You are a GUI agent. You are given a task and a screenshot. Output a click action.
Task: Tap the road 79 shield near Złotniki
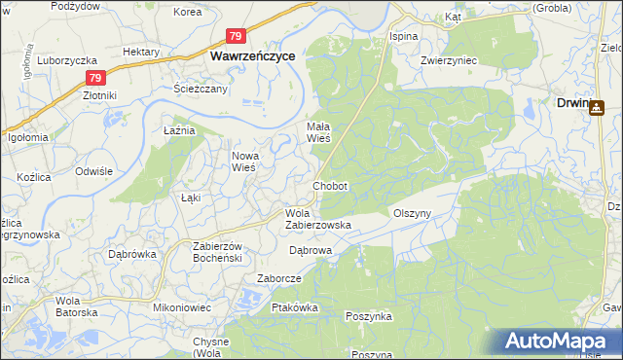click(x=94, y=78)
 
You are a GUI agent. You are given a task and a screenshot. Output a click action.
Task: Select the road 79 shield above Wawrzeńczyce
click(x=236, y=36)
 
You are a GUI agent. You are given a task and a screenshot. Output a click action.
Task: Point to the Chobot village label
click(x=330, y=185)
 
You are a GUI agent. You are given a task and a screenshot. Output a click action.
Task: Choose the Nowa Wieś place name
click(x=243, y=161)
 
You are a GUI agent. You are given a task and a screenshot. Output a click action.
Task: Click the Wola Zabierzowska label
click(x=317, y=219)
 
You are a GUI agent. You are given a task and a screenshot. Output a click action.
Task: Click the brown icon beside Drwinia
click(x=596, y=107)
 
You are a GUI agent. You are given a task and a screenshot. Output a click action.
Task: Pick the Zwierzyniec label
click(x=421, y=58)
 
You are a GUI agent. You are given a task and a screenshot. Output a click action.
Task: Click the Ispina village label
click(x=403, y=36)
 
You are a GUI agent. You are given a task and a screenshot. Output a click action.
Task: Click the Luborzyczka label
click(x=64, y=59)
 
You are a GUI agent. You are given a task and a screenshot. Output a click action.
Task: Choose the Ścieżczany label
click(x=201, y=89)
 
